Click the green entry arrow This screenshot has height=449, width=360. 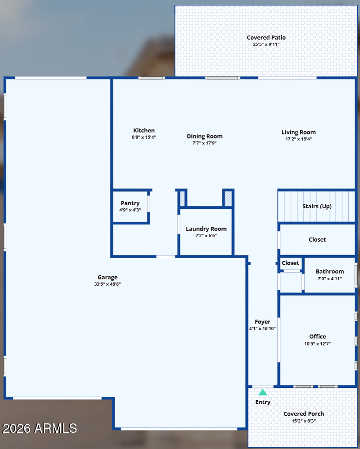coord(263,392)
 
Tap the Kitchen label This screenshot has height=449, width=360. coord(144,130)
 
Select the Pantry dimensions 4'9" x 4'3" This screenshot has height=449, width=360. coord(130,210)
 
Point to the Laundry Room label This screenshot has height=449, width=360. coord(206,229)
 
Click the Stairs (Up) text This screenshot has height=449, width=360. coord(317,207)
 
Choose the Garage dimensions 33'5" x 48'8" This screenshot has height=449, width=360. coord(108,284)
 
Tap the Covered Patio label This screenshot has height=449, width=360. coord(266,37)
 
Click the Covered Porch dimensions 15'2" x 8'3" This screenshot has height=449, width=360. coord(304,421)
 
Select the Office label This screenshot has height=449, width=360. coord(317,337)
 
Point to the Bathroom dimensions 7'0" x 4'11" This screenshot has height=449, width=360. coord(330,278)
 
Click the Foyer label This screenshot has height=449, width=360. coord(262,322)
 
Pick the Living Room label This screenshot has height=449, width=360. coord(298,132)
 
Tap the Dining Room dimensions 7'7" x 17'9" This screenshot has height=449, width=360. coord(204,143)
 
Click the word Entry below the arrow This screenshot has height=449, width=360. coord(263,402)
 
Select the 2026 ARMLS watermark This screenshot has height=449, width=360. coord(40,428)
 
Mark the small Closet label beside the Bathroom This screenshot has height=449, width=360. coord(290,263)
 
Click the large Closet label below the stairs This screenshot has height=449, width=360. coord(317,239)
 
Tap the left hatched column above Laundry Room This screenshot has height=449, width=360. coord(182,198)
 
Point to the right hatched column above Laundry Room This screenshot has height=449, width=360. coord(228,198)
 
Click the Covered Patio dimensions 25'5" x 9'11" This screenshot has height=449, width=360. coord(266,45)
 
